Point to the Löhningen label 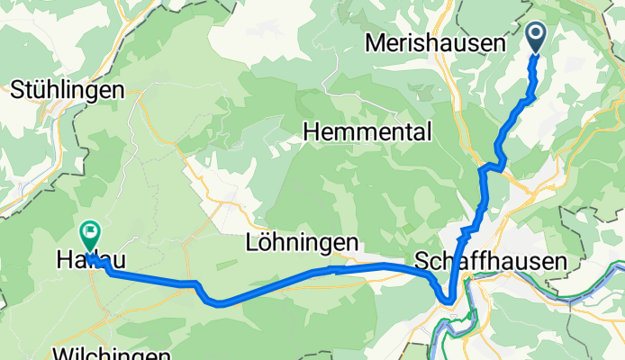coord(302,242)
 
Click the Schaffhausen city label coord(491,262)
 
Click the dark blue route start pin coord(535,38)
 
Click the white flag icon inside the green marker coord(90,230)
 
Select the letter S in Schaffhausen coord(421,262)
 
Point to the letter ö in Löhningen coord(265,242)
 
